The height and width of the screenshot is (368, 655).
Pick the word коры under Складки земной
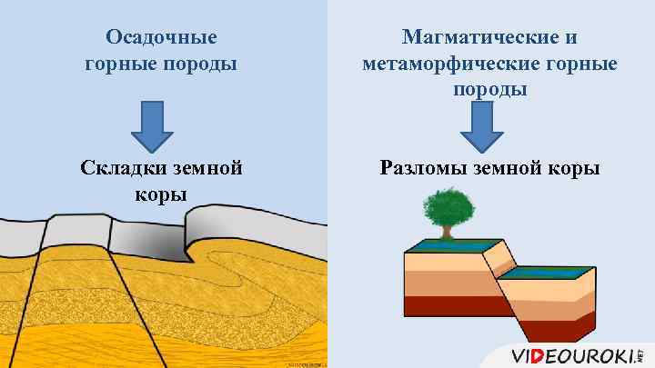tap(161, 194)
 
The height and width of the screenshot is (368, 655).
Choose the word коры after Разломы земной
tap(574, 168)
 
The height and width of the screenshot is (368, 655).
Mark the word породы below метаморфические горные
tap(489, 90)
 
